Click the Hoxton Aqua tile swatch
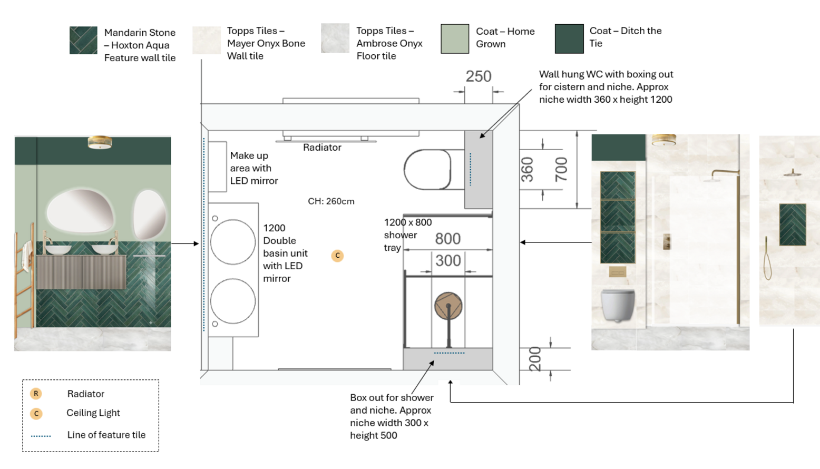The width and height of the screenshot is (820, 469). [x=83, y=40]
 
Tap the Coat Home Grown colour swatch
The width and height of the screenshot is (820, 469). [x=454, y=38]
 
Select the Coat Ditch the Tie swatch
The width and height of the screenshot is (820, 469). [x=569, y=38]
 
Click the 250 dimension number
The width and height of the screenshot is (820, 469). [x=478, y=77]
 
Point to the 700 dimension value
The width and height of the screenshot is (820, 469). [x=561, y=169]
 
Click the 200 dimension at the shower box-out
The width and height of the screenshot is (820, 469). [x=534, y=359]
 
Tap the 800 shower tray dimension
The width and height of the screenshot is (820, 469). [x=447, y=239]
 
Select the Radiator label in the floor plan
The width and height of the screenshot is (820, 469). [x=322, y=148]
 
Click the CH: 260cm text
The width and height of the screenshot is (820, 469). [x=331, y=201]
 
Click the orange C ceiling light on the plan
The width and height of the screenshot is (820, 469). [x=337, y=256]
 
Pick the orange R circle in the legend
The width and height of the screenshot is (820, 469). [x=36, y=394]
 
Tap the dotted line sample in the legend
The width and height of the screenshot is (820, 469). [x=41, y=436]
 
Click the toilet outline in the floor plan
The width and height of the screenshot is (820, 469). [x=427, y=170]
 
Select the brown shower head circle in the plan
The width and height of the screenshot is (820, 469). [x=448, y=306]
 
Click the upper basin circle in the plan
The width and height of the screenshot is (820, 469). [x=233, y=242]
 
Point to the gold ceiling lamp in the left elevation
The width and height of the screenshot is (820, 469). [x=100, y=142]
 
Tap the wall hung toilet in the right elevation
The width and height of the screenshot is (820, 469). [x=617, y=305]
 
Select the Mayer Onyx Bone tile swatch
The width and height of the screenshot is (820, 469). [x=207, y=40]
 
